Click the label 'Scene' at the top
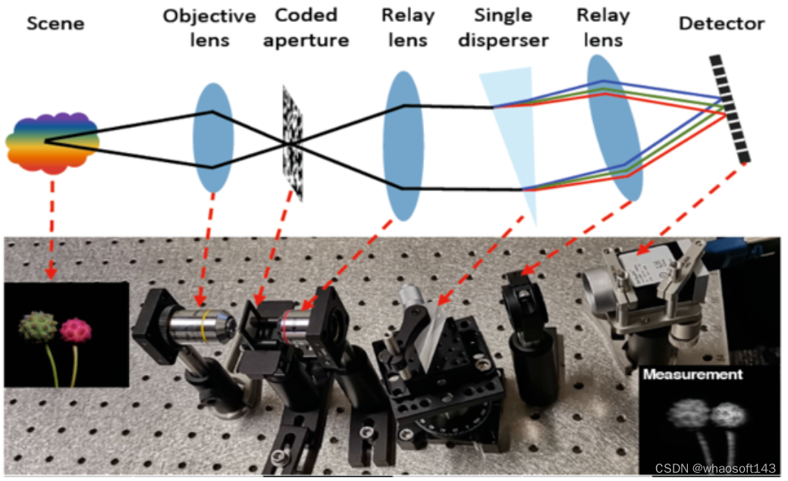tap(55, 24)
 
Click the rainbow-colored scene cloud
tap(52, 141)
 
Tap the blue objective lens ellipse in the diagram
tap(213, 138)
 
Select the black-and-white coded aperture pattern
tap(293, 143)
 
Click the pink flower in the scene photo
tap(76, 330)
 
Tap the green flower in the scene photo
tap(38, 327)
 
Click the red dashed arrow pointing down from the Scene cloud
tap(52, 224)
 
